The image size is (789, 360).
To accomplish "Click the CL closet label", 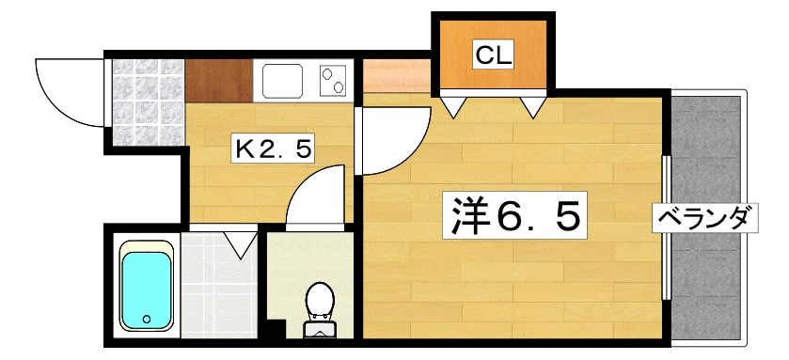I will [x=493, y=55].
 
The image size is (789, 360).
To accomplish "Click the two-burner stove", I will [x=333, y=81].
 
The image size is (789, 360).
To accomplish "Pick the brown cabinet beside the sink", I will [x=218, y=81].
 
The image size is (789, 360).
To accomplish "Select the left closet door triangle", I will [x=453, y=104].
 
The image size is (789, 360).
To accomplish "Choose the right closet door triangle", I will [x=535, y=104].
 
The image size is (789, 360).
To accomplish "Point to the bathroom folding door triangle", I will [x=241, y=244].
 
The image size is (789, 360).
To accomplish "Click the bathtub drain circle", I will [x=148, y=320].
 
